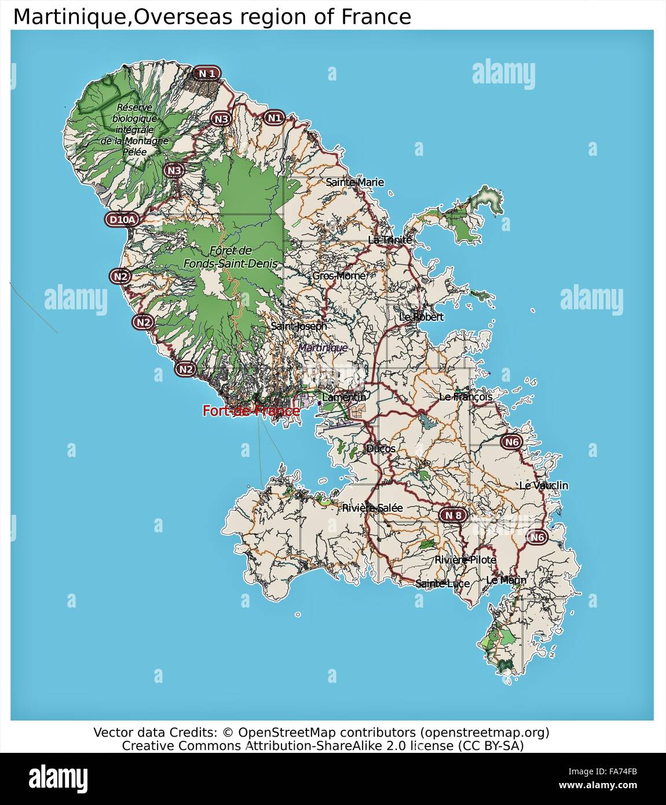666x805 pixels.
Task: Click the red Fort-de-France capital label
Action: pyautogui.click(x=251, y=411)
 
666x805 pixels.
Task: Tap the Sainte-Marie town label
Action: pyautogui.click(x=354, y=182)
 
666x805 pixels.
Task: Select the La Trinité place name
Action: pyautogui.click(x=390, y=240)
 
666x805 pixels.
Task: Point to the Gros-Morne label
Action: pyautogui.click(x=339, y=276)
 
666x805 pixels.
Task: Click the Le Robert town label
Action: pyautogui.click(x=421, y=317)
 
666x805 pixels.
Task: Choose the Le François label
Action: pyautogui.click(x=466, y=397)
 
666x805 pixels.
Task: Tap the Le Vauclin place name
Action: pyautogui.click(x=543, y=485)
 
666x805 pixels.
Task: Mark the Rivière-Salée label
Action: pyautogui.click(x=372, y=508)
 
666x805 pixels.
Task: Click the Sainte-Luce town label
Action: pyautogui.click(x=442, y=583)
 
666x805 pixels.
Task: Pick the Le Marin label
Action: pyautogui.click(x=506, y=580)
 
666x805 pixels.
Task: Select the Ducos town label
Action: pyautogui.click(x=380, y=448)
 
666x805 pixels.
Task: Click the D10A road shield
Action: pyautogui.click(x=123, y=219)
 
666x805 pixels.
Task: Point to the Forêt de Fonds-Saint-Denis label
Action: pyautogui.click(x=230, y=257)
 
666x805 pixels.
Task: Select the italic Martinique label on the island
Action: pyautogui.click(x=323, y=347)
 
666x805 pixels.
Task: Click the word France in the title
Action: pyautogui.click(x=376, y=17)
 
